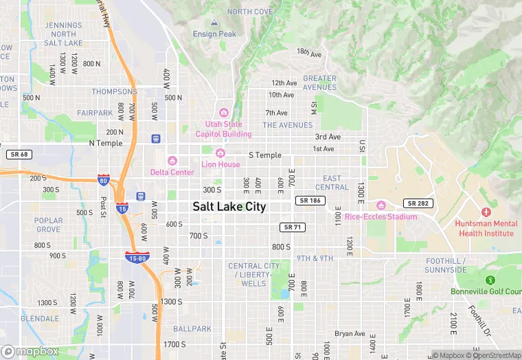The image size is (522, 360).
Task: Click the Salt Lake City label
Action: [x=229, y=206]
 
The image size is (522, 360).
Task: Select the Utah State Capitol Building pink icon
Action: [x=223, y=113]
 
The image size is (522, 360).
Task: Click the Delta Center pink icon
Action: [x=172, y=161]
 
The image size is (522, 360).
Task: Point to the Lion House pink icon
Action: [x=220, y=153]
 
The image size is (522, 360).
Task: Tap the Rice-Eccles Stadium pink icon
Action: [x=381, y=205]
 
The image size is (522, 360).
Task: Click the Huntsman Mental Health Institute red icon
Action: [x=486, y=212]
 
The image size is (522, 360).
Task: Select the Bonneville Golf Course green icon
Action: [x=490, y=280]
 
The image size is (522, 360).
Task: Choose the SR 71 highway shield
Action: [x=292, y=227]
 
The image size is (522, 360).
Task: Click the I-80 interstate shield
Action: [x=104, y=180]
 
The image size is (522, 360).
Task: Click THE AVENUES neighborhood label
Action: [x=287, y=125]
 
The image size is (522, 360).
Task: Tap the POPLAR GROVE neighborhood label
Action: [x=48, y=225]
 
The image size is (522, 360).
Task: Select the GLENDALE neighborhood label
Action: [x=39, y=319]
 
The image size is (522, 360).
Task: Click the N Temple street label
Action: [x=106, y=143]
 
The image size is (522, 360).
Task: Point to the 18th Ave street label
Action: [x=309, y=52]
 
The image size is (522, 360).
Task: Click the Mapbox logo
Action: [x=30, y=351]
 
